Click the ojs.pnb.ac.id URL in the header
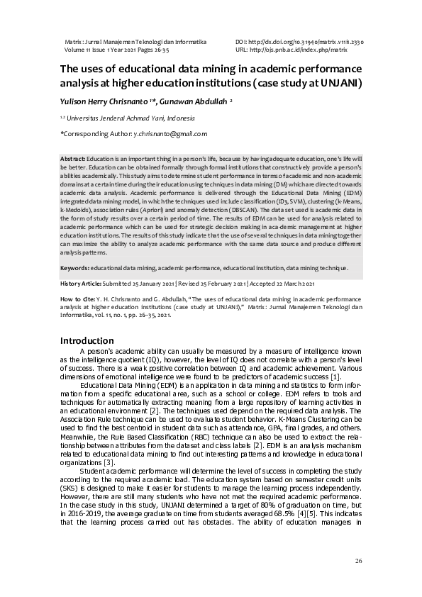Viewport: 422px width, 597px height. [298, 50]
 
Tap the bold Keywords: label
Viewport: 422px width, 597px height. [74, 269]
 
